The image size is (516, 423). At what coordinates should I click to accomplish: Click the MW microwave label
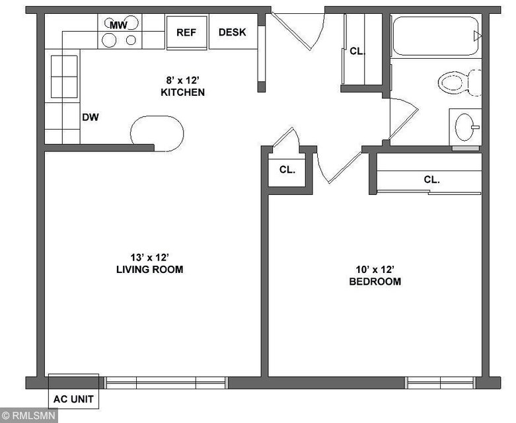tap(118, 25)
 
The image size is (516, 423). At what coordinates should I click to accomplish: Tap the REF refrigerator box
tap(186, 32)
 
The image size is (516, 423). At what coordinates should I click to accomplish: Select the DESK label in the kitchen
tap(232, 32)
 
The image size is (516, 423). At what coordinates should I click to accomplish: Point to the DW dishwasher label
tap(90, 117)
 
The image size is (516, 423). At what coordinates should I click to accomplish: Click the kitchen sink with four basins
tap(64, 77)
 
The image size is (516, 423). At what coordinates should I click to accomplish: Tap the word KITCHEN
tap(182, 92)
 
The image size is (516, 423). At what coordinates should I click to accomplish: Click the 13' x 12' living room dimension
tap(150, 256)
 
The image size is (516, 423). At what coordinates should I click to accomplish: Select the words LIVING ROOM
tap(150, 269)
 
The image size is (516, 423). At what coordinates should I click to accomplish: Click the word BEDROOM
tap(375, 282)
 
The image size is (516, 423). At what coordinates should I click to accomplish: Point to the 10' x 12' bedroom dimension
tap(375, 270)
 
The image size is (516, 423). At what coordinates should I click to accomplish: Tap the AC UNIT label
tap(73, 399)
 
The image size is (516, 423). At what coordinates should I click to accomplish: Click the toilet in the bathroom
tap(460, 83)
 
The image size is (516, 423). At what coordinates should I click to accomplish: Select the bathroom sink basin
tap(464, 127)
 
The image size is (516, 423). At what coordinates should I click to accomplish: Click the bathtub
tap(435, 36)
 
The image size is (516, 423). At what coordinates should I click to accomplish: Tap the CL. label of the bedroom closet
tap(431, 179)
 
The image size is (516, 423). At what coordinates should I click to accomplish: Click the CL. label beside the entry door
tap(357, 51)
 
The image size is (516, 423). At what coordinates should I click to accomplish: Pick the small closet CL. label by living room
tap(287, 169)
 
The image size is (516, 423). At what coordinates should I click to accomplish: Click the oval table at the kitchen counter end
tap(157, 134)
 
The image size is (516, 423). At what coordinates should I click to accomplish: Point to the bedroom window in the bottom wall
tap(441, 383)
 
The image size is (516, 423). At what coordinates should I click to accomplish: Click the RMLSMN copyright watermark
tap(28, 415)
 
